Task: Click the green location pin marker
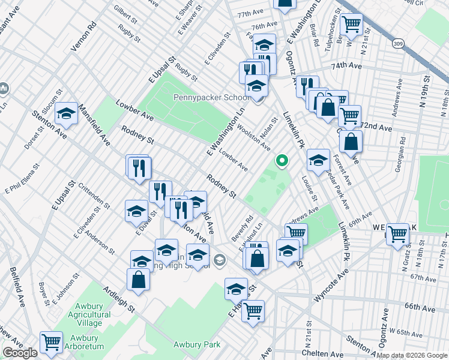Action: pos(281,160)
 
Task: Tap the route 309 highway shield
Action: pos(397,43)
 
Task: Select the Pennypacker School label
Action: pos(211,98)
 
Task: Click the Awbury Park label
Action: pos(196,344)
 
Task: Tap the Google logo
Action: pos(20,353)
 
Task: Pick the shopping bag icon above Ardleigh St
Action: pos(138,280)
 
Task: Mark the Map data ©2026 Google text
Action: pos(412,355)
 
